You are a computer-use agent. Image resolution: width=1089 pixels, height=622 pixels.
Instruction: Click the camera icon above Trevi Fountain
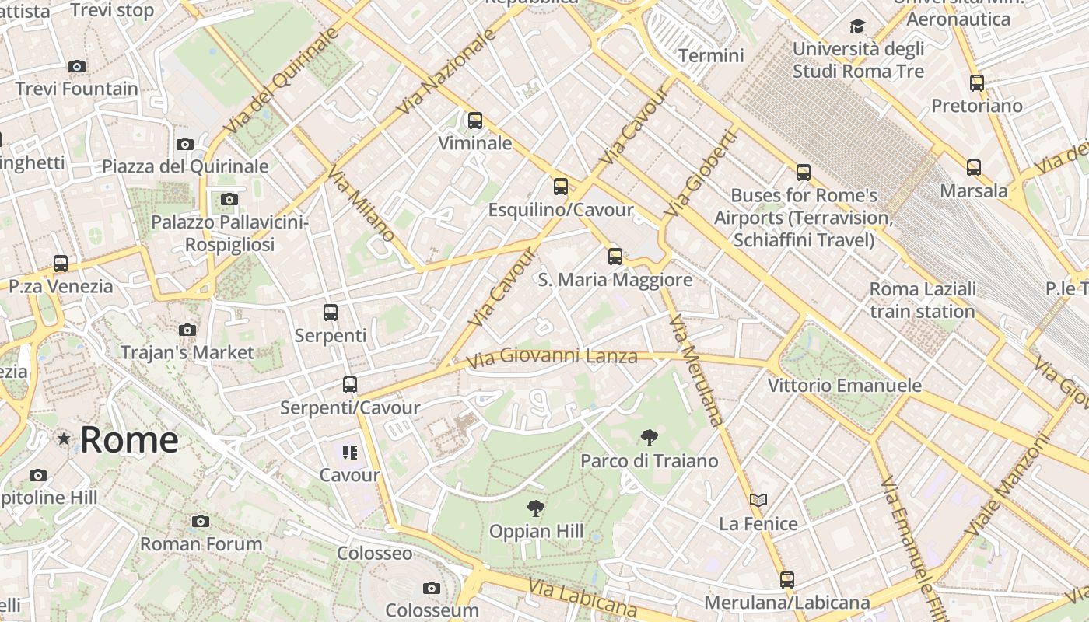pyautogui.click(x=76, y=67)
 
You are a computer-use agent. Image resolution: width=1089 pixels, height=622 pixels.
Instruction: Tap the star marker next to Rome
pyautogui.click(x=64, y=439)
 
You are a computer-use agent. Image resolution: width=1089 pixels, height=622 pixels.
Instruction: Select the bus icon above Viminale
pyautogui.click(x=475, y=121)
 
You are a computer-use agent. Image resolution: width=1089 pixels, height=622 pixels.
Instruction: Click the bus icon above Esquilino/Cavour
pyautogui.click(x=561, y=187)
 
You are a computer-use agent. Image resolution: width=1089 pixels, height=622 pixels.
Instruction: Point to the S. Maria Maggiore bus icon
pyautogui.click(x=615, y=256)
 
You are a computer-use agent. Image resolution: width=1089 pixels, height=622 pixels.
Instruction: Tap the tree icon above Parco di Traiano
pyautogui.click(x=649, y=438)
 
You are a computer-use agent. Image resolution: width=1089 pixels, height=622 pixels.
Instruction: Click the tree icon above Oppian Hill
pyautogui.click(x=535, y=509)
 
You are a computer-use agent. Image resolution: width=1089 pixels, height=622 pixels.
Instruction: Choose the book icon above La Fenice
pyautogui.click(x=758, y=500)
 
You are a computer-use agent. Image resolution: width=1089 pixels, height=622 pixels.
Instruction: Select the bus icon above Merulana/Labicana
pyautogui.click(x=787, y=579)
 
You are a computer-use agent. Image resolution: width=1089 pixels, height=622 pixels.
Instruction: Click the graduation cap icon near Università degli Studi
pyautogui.click(x=857, y=26)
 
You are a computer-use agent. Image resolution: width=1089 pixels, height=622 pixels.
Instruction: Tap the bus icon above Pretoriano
pyautogui.click(x=977, y=82)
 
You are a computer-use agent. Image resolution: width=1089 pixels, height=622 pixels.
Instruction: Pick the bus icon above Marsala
pyautogui.click(x=974, y=167)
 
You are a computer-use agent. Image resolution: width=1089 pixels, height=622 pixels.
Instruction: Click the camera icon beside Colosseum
pyautogui.click(x=432, y=589)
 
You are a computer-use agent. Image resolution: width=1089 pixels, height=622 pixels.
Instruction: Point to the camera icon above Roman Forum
pyautogui.click(x=201, y=521)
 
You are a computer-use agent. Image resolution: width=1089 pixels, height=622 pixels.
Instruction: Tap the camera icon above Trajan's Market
pyautogui.click(x=187, y=330)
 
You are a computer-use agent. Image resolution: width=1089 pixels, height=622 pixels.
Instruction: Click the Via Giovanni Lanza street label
pyautogui.click(x=552, y=357)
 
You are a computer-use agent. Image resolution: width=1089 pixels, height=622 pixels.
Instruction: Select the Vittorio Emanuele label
pyautogui.click(x=844, y=386)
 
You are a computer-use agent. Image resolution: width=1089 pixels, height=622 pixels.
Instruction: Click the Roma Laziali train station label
pyautogui.click(x=923, y=300)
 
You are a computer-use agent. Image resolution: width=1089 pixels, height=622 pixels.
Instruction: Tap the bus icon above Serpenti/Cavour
pyautogui.click(x=350, y=384)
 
